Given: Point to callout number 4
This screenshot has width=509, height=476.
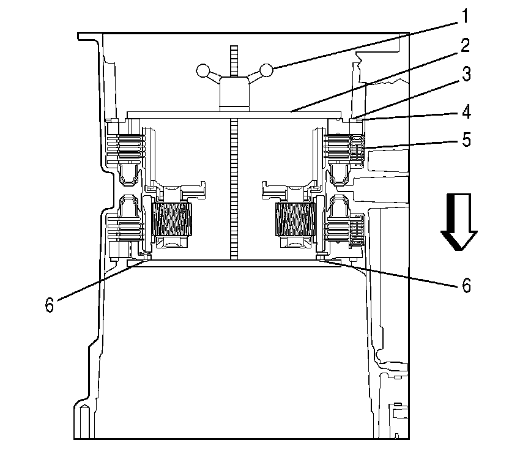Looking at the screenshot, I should (x=466, y=113).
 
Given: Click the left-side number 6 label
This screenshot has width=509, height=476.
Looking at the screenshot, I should (x=50, y=304).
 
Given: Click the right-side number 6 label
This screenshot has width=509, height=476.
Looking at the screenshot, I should (x=466, y=286).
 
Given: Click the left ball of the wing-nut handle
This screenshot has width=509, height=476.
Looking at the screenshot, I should (x=202, y=72).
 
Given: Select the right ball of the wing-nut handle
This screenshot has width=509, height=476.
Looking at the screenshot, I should (x=266, y=71).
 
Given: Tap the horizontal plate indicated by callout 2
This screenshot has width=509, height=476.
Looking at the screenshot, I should (x=184, y=114).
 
